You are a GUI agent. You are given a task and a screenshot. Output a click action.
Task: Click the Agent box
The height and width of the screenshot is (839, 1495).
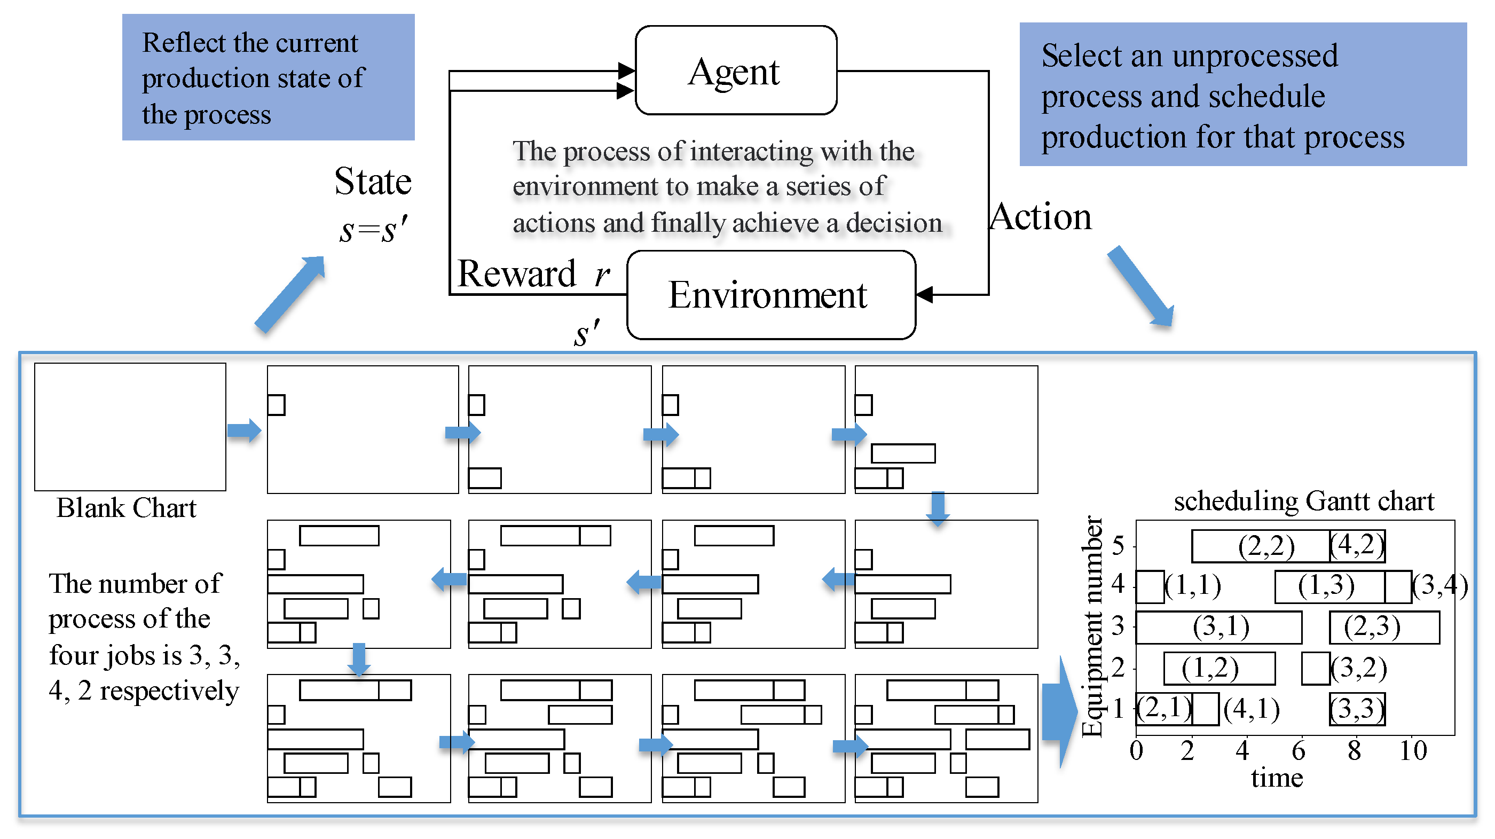pyautogui.click(x=735, y=70)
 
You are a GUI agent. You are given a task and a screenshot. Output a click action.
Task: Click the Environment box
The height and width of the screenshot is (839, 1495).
pyautogui.click(x=770, y=295)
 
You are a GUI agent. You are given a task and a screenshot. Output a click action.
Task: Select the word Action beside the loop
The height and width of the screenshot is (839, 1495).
pyautogui.click(x=1040, y=217)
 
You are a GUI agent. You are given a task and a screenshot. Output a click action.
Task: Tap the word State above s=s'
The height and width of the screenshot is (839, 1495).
pyautogui.click(x=373, y=181)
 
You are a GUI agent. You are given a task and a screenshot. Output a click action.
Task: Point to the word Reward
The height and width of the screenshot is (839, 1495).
pyautogui.click(x=516, y=273)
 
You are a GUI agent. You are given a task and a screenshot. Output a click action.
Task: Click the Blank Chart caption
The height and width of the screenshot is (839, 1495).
pyautogui.click(x=126, y=508)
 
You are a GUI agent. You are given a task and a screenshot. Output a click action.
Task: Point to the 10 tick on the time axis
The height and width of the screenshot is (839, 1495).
pyautogui.click(x=1413, y=751)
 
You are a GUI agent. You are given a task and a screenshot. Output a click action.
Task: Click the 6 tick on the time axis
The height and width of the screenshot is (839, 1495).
pyautogui.click(x=1299, y=751)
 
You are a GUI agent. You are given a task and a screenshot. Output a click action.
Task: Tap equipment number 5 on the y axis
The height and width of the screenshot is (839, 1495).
pyautogui.click(x=1118, y=545)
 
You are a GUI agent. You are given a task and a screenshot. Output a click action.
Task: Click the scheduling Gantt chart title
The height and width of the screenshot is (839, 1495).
pyautogui.click(x=1303, y=500)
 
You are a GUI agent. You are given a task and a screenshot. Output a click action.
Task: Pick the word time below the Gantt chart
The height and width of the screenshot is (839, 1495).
pyautogui.click(x=1277, y=778)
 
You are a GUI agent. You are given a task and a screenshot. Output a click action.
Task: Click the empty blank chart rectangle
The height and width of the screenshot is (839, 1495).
pyautogui.click(x=130, y=427)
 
